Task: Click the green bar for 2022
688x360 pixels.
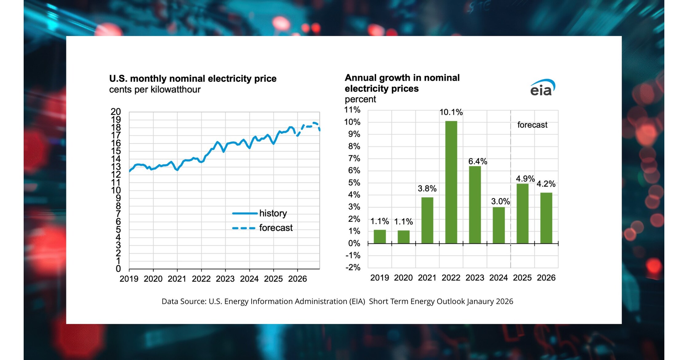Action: pos(451,182)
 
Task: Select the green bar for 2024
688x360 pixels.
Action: pos(498,225)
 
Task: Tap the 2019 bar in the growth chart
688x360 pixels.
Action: pos(379,237)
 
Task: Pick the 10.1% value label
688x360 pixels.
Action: pos(451,112)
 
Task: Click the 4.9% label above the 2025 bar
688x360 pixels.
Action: pos(525,179)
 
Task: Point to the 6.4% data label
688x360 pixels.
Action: pos(478,161)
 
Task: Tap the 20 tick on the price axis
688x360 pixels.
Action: pos(116,112)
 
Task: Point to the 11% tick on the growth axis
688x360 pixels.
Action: pos(352,110)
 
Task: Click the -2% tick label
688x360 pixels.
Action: pos(353,267)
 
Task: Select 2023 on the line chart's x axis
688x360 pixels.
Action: pos(225,279)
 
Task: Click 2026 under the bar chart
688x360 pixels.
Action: pos(546,278)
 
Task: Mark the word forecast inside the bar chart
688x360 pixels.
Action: pos(532,125)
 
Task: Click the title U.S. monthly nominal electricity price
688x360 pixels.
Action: pos(193,79)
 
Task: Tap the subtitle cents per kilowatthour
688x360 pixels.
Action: pos(155,90)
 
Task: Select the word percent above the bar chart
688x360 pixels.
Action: pos(360,99)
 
